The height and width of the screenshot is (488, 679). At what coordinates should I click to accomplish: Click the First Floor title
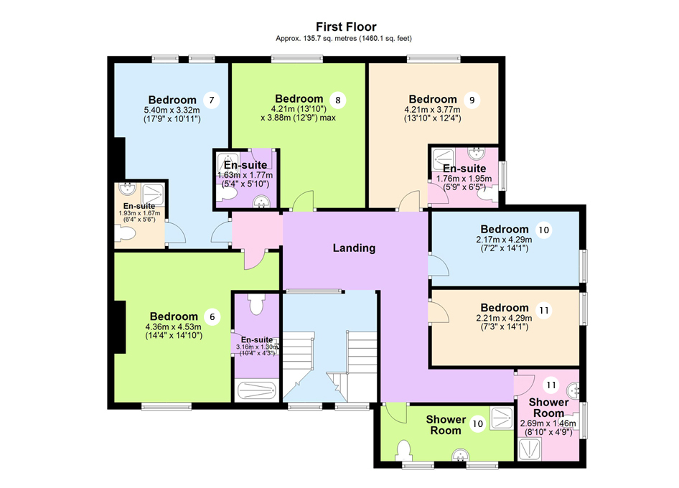tap(339, 27)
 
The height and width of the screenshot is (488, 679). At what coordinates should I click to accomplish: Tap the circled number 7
tap(210, 100)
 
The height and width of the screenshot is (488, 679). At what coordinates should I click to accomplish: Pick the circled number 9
tap(471, 100)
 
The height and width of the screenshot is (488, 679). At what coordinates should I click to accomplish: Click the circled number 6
tap(212, 316)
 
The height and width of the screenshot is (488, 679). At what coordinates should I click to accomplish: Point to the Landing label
tap(354, 248)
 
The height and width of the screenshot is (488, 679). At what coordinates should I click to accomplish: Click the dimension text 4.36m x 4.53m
tap(173, 327)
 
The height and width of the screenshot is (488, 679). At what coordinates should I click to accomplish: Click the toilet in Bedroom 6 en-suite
tap(256, 304)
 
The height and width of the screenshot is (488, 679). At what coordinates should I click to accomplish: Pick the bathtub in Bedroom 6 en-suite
tap(257, 391)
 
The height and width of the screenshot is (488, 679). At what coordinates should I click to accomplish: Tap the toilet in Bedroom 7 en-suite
tap(126, 234)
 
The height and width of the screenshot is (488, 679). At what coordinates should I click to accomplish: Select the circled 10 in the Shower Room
tap(477, 424)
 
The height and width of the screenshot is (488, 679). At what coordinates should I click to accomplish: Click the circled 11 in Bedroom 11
tap(544, 311)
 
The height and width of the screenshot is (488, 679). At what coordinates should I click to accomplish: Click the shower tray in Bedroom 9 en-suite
tap(443, 156)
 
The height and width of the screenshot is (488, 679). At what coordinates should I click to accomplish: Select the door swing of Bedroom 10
tap(439, 265)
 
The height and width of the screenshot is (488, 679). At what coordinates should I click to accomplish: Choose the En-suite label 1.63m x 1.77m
tap(245, 175)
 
